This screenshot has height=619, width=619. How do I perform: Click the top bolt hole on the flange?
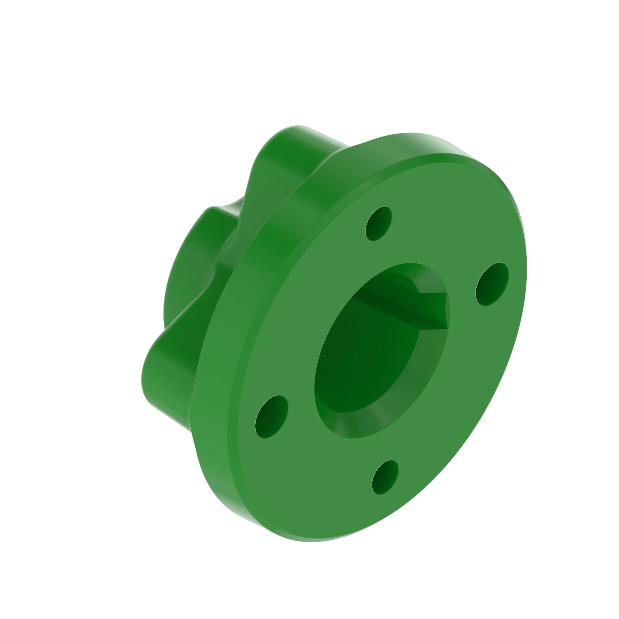[379, 223]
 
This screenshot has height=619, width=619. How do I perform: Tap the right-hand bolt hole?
[492, 284]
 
